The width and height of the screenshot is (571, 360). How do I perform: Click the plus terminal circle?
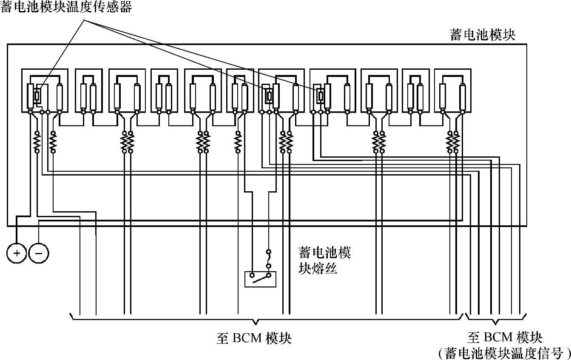(17, 254)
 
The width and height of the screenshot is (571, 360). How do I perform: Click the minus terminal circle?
(38, 254)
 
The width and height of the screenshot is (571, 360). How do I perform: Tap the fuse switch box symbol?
(260, 279)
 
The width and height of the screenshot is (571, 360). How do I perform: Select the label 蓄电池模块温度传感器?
(66, 7)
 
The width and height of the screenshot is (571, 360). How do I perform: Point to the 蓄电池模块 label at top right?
(483, 35)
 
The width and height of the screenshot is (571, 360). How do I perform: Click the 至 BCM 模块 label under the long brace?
(254, 338)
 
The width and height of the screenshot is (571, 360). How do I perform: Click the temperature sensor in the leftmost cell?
(37, 96)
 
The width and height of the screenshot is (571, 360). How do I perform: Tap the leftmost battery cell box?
(45, 91)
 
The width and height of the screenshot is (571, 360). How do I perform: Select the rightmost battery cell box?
(453, 91)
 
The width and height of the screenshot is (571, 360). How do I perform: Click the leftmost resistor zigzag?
(37, 142)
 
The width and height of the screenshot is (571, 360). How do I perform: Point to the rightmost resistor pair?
(453, 142)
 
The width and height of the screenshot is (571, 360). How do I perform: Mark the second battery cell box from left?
(88, 91)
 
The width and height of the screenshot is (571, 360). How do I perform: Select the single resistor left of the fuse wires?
(238, 142)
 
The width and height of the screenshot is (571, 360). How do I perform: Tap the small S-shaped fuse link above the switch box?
(268, 259)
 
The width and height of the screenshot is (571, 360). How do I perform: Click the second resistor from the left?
(53, 142)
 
